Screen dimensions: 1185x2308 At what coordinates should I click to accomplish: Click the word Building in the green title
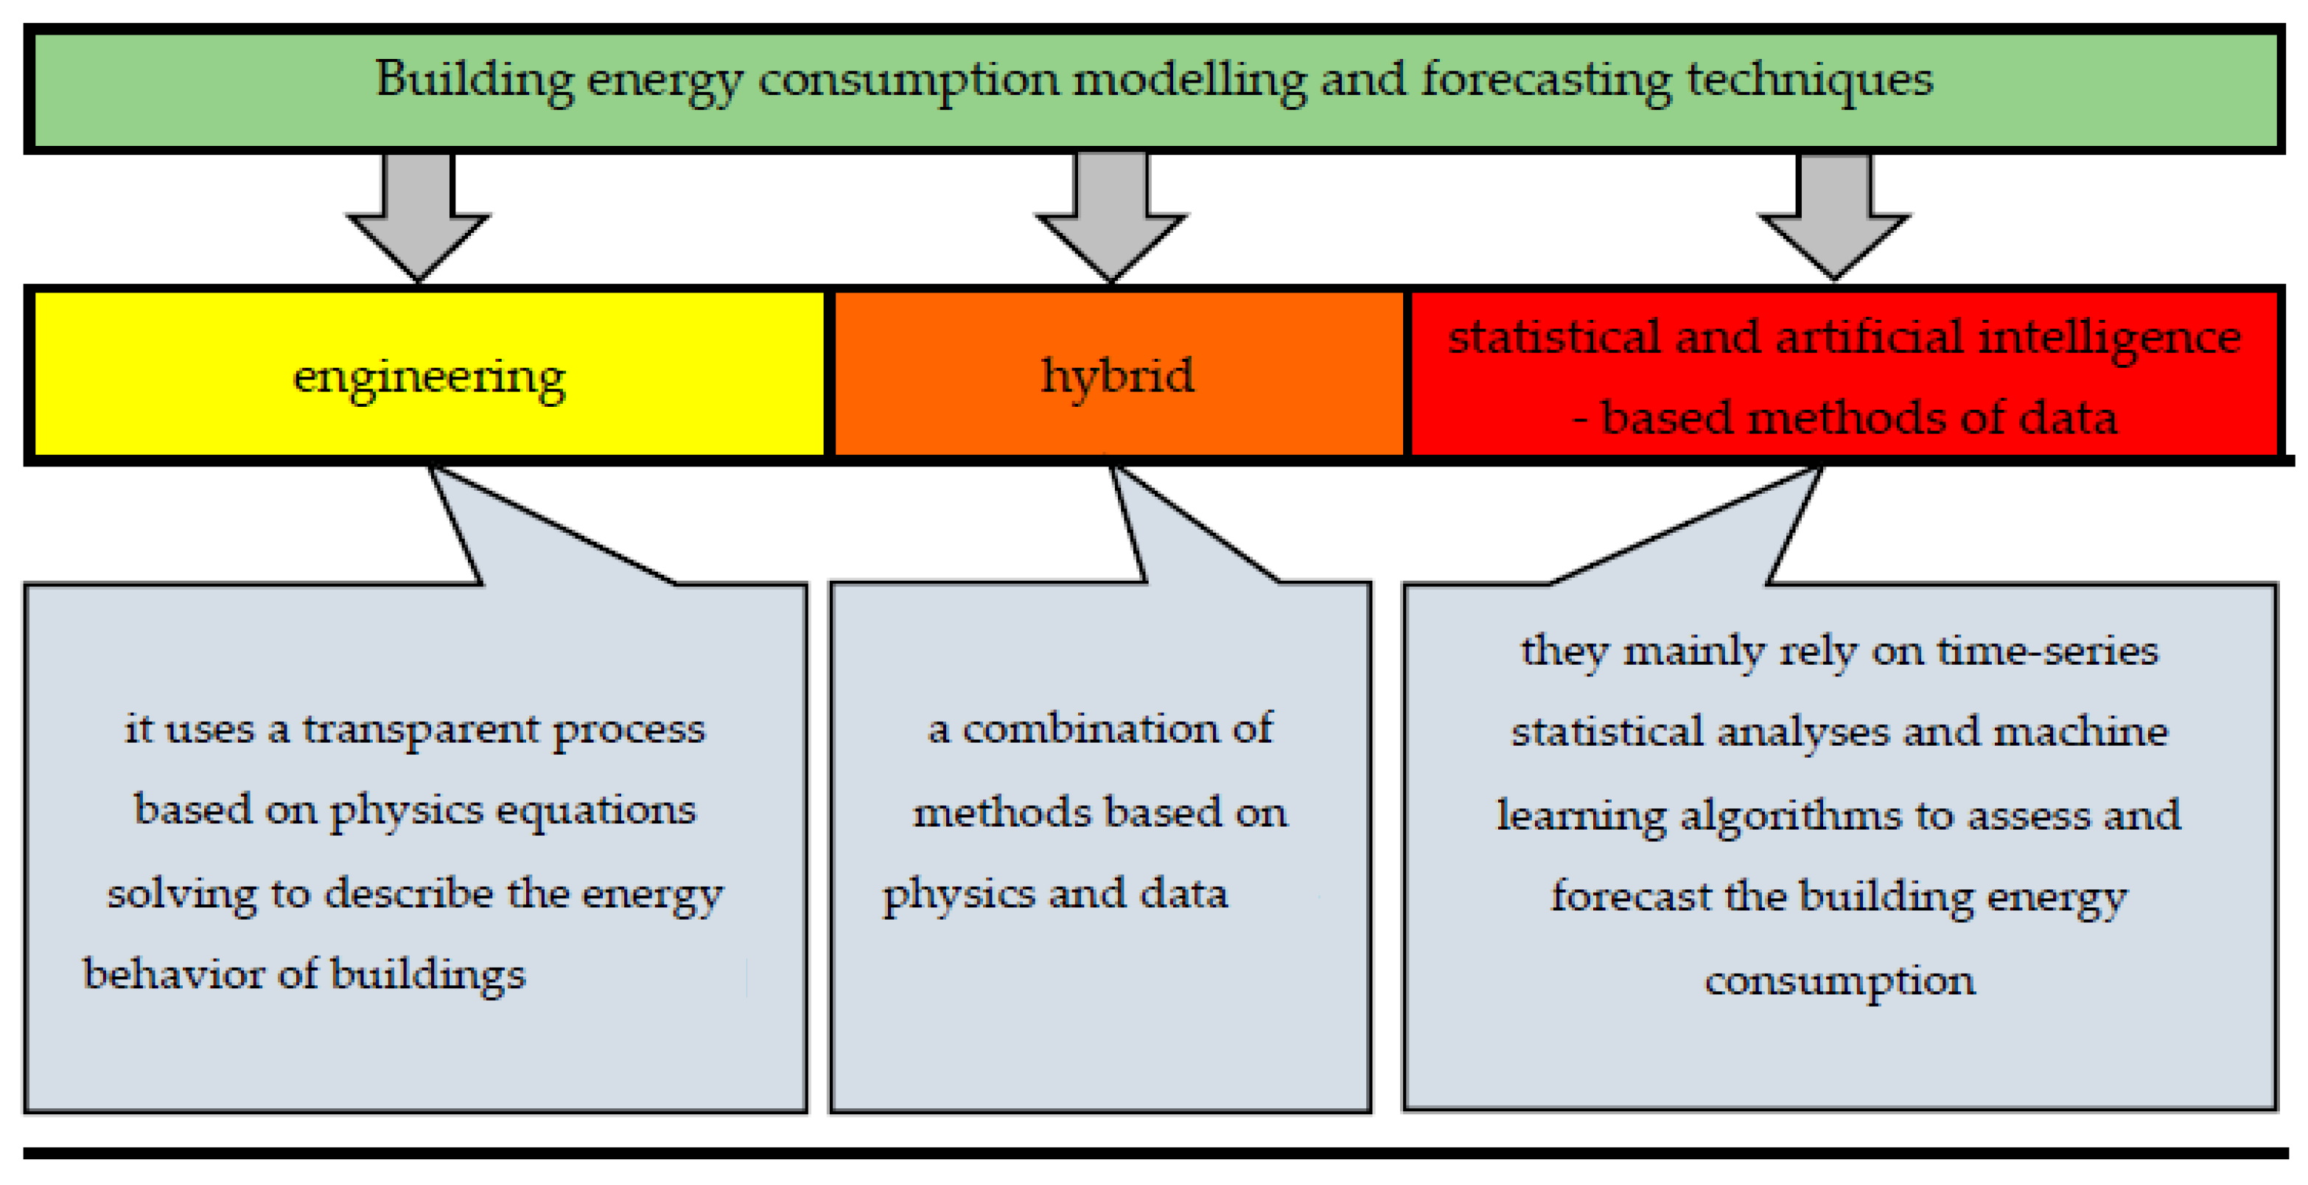pyautogui.click(x=474, y=80)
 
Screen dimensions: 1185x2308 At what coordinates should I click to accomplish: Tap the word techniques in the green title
pyautogui.click(x=1809, y=80)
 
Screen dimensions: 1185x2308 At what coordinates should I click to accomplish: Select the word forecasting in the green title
pyautogui.click(x=1545, y=80)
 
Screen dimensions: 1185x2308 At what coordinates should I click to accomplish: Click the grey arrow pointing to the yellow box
pyautogui.click(x=419, y=215)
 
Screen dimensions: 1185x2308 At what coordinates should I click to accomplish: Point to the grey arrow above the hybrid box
pyautogui.click(x=1112, y=215)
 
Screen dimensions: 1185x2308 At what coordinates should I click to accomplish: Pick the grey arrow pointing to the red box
pyautogui.click(x=1834, y=215)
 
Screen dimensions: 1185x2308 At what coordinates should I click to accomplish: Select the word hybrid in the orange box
pyautogui.click(x=1116, y=375)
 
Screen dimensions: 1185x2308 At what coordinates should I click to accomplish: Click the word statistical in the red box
pyautogui.click(x=1554, y=338)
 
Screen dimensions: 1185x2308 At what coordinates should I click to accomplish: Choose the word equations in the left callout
pyautogui.click(x=596, y=811)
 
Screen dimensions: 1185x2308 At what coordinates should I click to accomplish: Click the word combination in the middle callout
pyautogui.click(x=1091, y=729)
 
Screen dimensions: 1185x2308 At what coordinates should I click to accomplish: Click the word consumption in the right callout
pyautogui.click(x=1839, y=981)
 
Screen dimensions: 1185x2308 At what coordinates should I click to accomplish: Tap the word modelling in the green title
pyautogui.click(x=1189, y=80)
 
